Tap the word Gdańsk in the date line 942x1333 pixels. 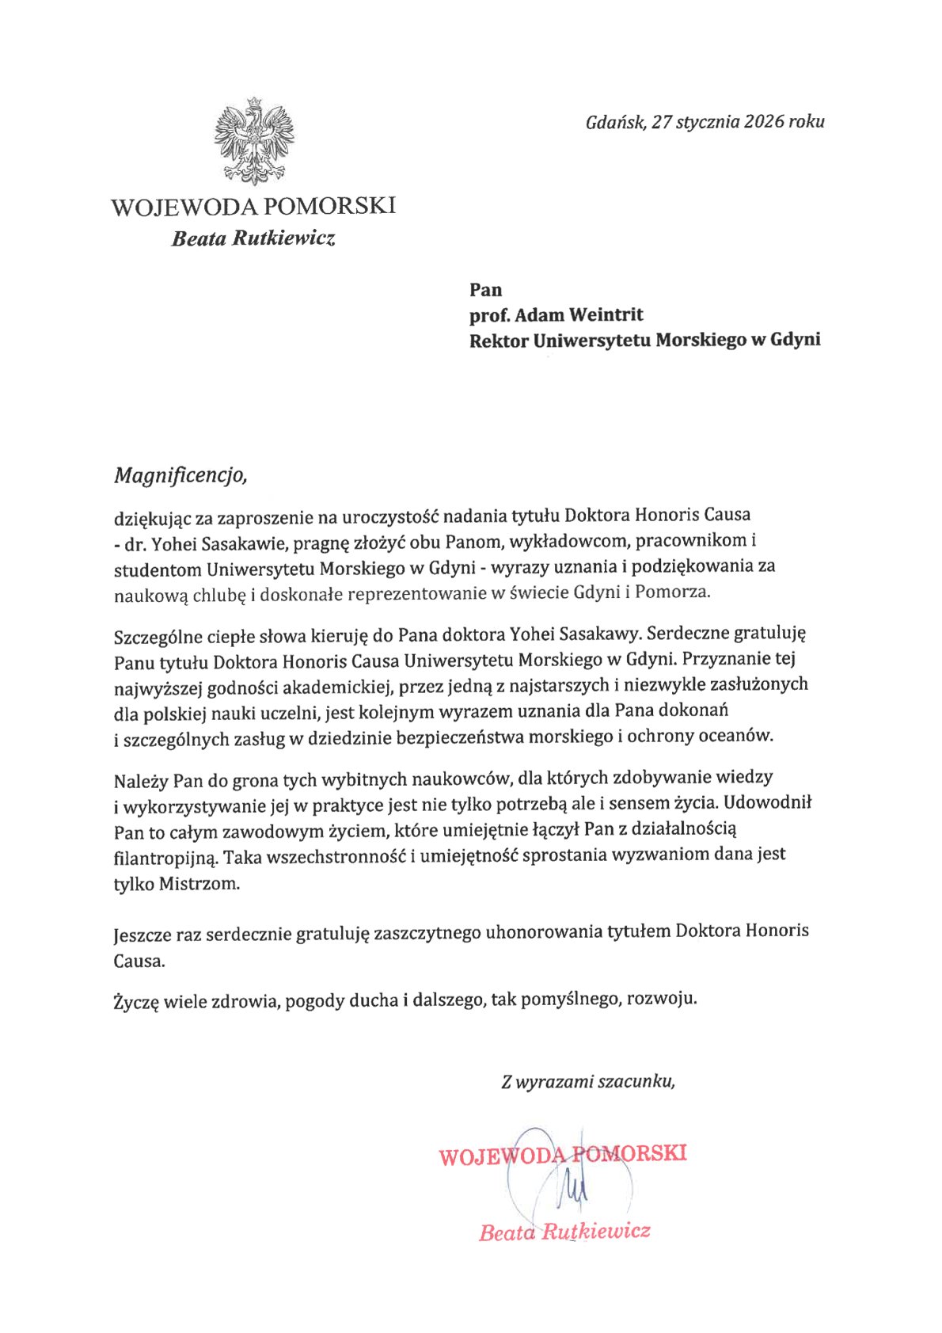click(616, 122)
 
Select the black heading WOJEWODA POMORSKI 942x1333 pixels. click(253, 207)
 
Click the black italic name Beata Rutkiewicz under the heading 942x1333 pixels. click(253, 238)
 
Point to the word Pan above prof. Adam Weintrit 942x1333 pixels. click(485, 290)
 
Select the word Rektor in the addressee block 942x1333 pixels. click(498, 340)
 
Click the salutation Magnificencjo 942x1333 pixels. click(180, 475)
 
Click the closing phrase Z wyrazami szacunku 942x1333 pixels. click(587, 1081)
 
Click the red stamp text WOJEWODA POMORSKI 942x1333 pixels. click(563, 1154)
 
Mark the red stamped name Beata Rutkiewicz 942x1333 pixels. click(564, 1232)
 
